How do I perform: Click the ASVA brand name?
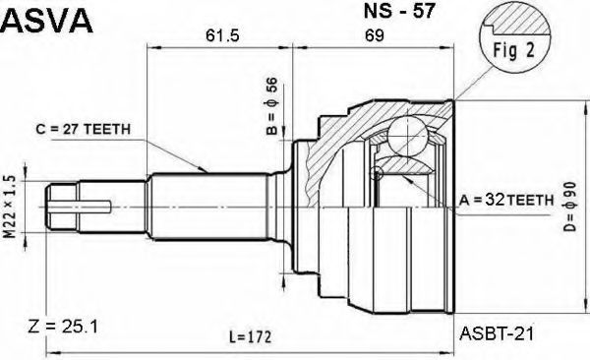click(x=46, y=21)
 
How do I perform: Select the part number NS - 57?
click(x=399, y=11)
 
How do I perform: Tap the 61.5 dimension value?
click(x=222, y=35)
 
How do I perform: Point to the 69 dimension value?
click(x=375, y=35)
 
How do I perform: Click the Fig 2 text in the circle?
click(x=514, y=50)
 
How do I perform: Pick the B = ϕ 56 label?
click(x=271, y=106)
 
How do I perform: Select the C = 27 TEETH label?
click(x=84, y=129)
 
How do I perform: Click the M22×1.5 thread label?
click(x=11, y=207)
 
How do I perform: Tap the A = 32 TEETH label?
click(x=506, y=201)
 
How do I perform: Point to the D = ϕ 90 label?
click(x=570, y=207)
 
